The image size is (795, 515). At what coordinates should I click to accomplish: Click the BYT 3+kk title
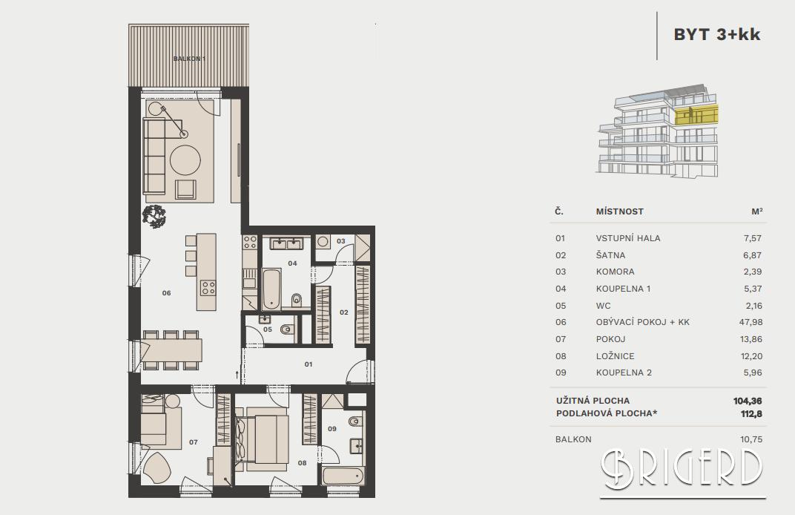717,34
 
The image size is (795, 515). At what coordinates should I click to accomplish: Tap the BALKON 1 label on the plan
189,59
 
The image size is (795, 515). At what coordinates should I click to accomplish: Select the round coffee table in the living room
185,160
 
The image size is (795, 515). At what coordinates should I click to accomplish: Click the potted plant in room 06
154,216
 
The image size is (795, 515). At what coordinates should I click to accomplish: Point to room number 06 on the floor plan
166,293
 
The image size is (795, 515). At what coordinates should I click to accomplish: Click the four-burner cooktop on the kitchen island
208,288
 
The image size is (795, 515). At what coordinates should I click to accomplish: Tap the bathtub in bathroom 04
271,289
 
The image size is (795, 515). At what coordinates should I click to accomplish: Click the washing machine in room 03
323,241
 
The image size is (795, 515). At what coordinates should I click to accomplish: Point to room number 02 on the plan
344,312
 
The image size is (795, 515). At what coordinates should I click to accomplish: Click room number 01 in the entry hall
309,364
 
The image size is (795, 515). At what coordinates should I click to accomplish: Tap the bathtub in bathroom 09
343,476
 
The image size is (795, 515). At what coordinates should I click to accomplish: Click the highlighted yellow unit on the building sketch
696,115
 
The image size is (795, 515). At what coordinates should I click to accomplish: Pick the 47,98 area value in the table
751,322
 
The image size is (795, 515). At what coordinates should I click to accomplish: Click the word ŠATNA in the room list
610,255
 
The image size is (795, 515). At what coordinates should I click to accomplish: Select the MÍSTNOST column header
619,211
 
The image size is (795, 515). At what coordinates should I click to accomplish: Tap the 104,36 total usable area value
748,401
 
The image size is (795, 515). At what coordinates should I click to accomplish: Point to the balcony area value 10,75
751,439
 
